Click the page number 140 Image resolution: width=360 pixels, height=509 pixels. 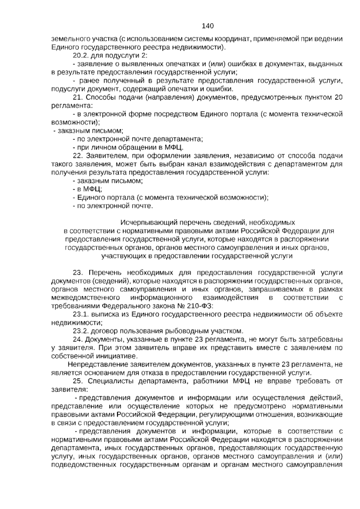click(208, 26)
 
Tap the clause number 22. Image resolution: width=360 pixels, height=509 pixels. click(77, 156)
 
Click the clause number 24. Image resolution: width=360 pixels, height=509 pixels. click(77, 339)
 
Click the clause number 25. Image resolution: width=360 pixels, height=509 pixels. click(77, 381)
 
